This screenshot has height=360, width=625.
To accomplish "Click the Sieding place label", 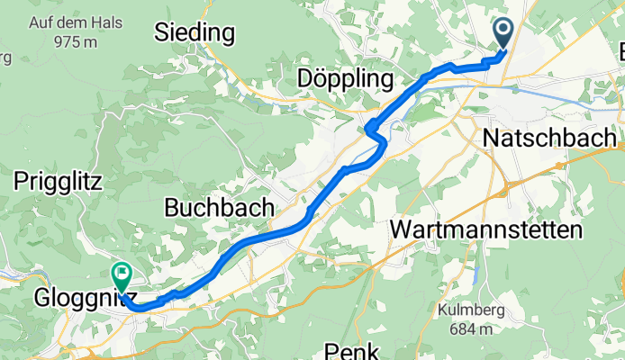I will point(195,33).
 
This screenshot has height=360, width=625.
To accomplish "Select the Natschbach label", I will point(549,139).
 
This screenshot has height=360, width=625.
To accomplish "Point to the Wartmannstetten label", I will point(486,230).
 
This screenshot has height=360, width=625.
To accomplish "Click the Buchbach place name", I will point(219,207).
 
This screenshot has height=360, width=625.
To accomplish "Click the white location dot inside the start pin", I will point(503,30).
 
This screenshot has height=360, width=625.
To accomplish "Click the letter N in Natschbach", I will point(492,139).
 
